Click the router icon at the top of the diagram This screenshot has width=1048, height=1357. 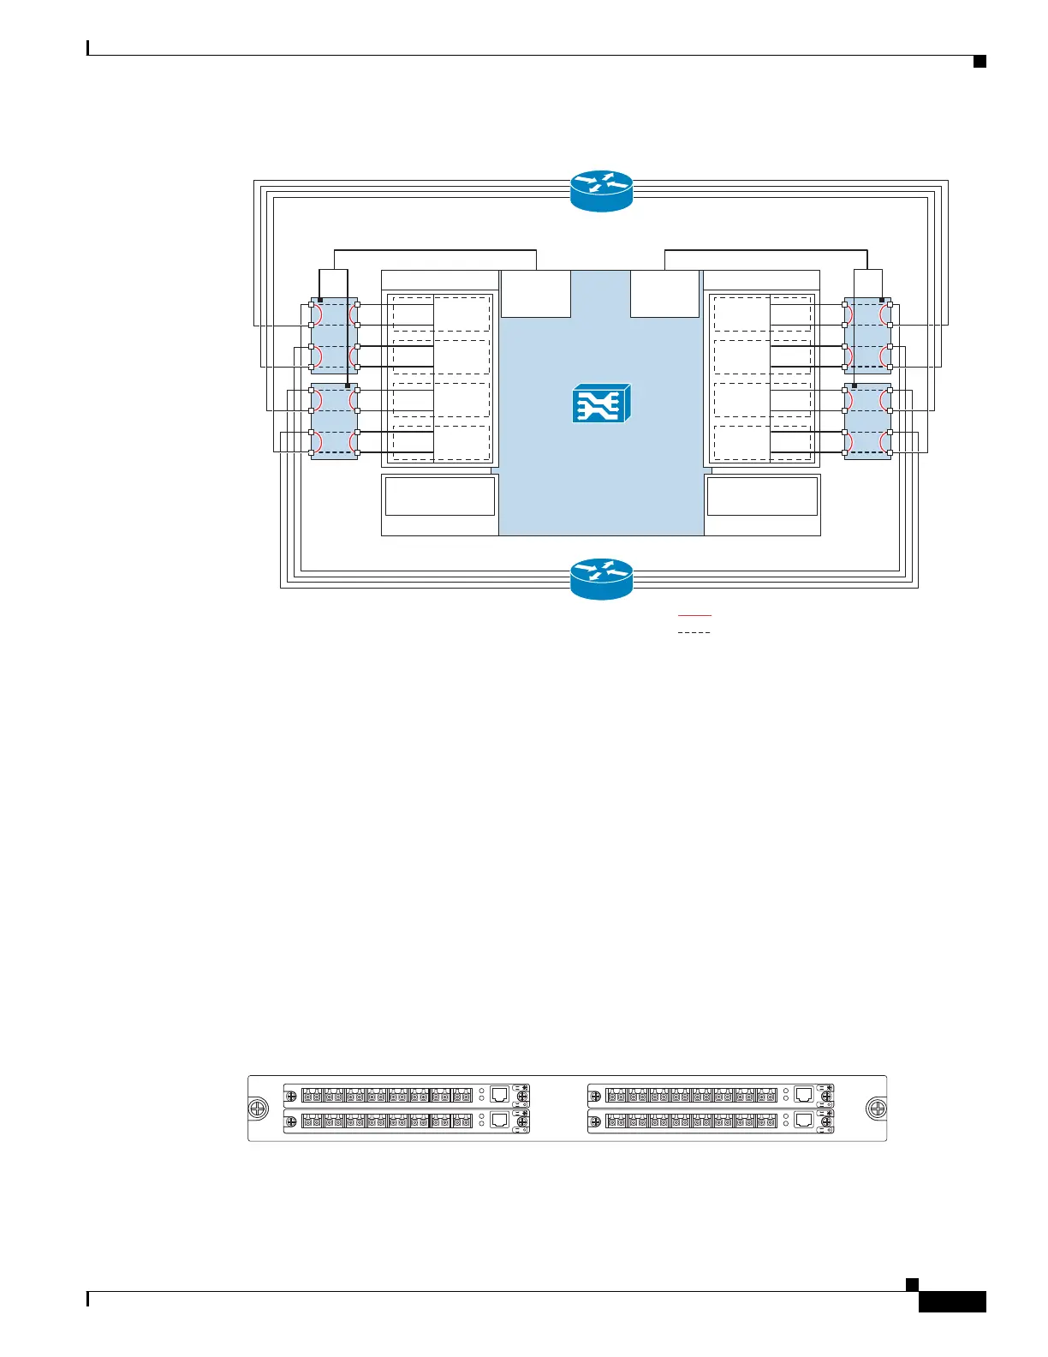[601, 190]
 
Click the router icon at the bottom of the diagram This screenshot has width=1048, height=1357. [601, 579]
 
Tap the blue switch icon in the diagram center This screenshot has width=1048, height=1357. [601, 403]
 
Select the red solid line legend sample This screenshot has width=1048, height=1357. [694, 615]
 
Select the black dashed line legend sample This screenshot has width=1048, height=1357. [694, 632]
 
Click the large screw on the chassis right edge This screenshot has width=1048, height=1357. [876, 1109]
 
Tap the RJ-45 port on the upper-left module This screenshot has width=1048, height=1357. [500, 1094]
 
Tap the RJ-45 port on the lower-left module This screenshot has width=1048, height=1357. [500, 1120]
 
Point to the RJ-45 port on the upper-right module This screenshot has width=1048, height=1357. [804, 1094]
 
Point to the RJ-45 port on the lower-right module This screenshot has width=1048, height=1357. [804, 1120]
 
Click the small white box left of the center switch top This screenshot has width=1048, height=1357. [535, 294]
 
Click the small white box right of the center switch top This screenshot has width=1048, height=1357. [665, 294]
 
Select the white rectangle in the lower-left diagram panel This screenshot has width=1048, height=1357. [440, 497]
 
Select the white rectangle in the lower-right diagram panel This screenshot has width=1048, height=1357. [762, 497]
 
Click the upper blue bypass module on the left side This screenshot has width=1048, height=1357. [334, 336]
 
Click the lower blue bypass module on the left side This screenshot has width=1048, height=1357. [334, 421]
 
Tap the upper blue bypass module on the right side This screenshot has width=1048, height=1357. [867, 336]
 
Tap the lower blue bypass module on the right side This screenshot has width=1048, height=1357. [867, 421]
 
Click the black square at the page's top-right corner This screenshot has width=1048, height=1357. [980, 61]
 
